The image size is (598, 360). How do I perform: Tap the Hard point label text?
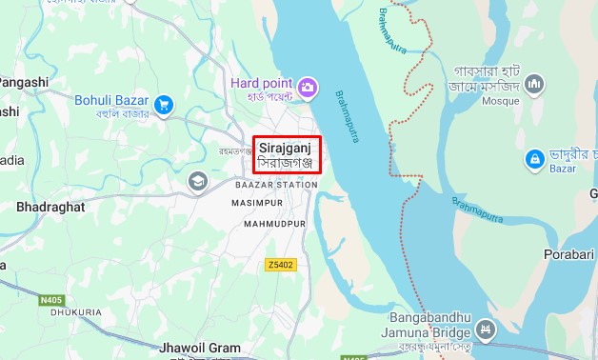[x=262, y=83]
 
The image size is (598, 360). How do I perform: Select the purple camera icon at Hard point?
[x=308, y=89]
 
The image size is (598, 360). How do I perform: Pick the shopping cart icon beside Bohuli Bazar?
[x=164, y=103]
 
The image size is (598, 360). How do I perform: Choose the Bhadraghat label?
[x=50, y=206]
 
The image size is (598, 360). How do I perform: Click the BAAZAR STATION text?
[x=275, y=184]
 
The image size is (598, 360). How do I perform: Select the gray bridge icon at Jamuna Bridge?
[x=487, y=330]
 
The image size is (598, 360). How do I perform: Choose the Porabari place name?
[x=569, y=255]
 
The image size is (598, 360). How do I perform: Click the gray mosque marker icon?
[x=534, y=85]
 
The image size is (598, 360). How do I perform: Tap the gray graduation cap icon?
[x=197, y=180]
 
